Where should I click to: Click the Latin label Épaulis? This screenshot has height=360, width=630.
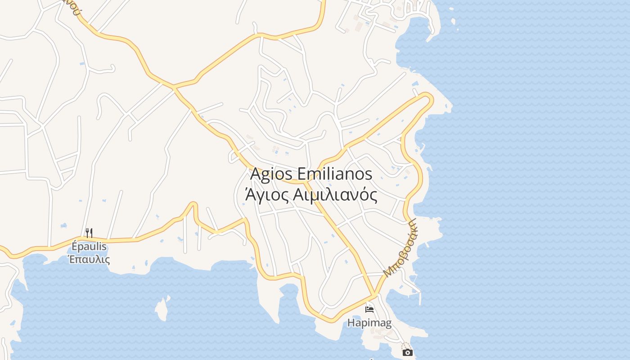coord(89,246)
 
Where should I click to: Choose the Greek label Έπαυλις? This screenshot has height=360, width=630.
coord(89,259)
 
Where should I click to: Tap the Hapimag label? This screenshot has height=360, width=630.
coord(369,323)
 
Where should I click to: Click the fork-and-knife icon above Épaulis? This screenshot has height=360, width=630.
coord(89,233)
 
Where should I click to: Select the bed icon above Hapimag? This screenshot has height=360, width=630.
coord(369,309)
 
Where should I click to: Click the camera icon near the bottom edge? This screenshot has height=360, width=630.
coord(408,352)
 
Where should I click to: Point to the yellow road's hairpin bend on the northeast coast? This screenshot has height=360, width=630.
coord(428,97)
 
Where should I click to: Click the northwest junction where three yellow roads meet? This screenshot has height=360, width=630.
coord(174,86)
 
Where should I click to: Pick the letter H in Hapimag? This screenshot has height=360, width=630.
coord(351,323)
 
